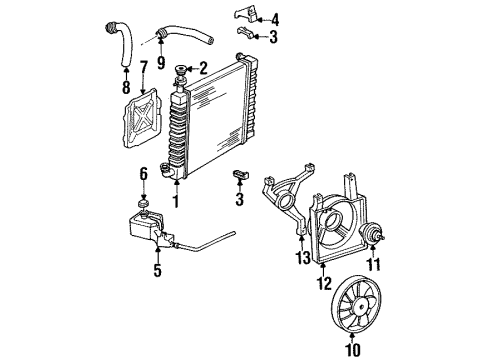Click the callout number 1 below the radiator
[176, 201]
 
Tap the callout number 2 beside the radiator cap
[203, 69]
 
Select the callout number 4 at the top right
[276, 18]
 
